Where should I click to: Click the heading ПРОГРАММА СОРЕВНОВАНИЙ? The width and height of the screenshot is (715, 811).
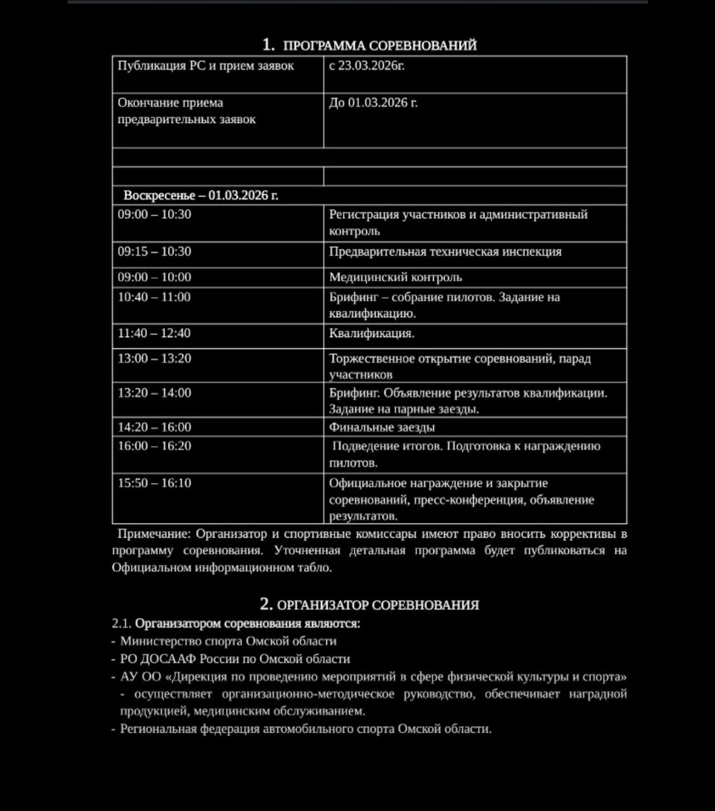379,45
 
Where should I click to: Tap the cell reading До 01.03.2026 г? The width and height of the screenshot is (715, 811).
373,103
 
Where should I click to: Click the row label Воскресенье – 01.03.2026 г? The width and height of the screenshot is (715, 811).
201,195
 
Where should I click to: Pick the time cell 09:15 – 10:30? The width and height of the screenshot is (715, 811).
154,251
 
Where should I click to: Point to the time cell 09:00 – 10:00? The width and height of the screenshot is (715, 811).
154,277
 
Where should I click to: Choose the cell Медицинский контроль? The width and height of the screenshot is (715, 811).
396,277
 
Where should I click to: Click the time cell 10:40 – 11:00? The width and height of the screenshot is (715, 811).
154,297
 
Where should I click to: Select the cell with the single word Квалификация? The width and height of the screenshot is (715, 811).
372,333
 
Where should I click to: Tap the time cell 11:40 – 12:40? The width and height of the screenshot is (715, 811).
154,333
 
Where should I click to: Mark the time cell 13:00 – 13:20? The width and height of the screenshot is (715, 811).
154,359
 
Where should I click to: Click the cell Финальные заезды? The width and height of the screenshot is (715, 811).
382,427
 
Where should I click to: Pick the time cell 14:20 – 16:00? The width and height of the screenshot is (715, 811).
154,427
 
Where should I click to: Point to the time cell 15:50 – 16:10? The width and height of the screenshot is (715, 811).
154,483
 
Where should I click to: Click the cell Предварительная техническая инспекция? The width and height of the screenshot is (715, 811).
446,251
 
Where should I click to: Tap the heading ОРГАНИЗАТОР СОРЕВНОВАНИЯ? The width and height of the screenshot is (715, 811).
378,605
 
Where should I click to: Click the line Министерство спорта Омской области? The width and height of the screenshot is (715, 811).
228,641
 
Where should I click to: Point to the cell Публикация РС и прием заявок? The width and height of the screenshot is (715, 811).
206,66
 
